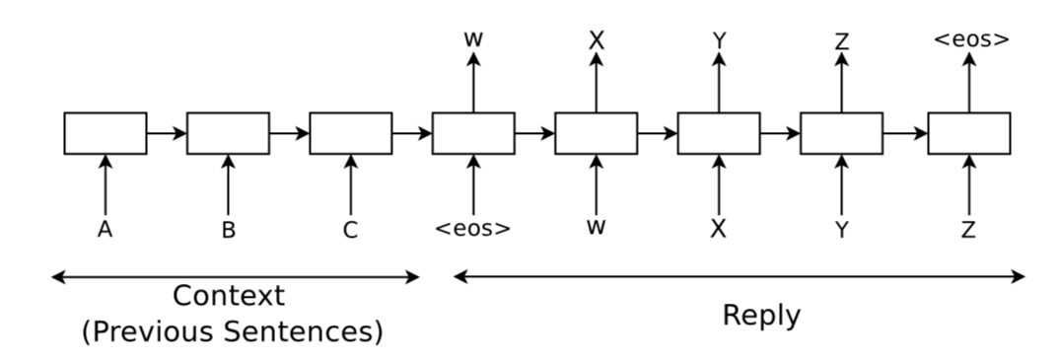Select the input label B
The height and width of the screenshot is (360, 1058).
coord(228,231)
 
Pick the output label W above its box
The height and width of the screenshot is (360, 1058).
coord(473,40)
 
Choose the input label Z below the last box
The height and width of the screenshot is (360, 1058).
coord(969,230)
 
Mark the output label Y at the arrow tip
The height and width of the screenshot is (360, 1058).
coord(719,41)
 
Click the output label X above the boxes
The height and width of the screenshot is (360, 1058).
coord(596,41)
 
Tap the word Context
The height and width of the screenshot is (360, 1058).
coord(228,295)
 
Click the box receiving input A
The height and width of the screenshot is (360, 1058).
coord(105,133)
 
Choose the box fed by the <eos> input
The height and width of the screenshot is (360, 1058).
coord(473,133)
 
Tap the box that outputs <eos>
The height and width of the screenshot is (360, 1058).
coord(969,133)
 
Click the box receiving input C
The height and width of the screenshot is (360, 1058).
coord(350,133)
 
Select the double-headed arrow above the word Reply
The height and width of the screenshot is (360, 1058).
coord(739,278)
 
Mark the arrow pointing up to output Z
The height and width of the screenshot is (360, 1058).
coord(841,83)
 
